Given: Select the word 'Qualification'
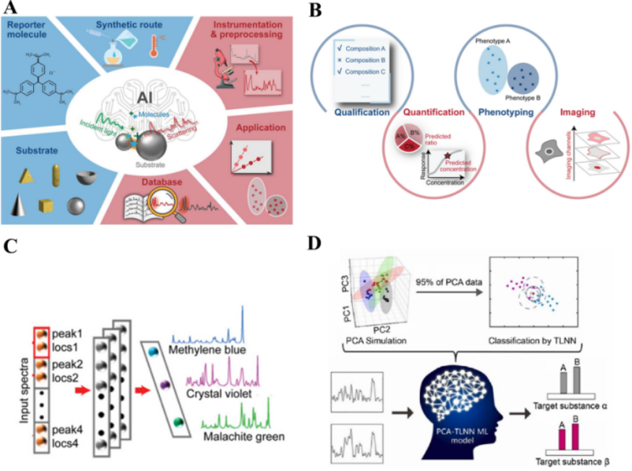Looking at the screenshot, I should [364, 111].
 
